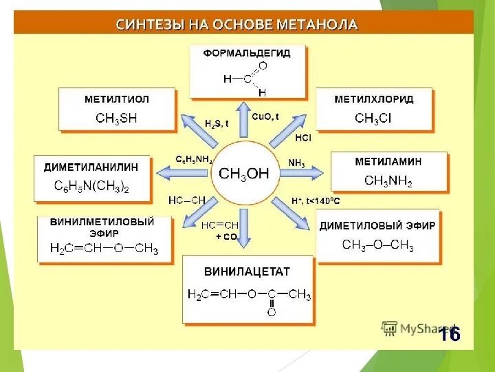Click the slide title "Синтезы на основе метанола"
pos(236,25)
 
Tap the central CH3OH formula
pos(244,173)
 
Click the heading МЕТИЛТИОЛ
pos(116,99)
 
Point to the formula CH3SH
pos(116,118)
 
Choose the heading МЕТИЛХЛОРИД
pos(374,99)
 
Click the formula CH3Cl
pos(373,118)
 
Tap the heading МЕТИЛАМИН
pos(388,161)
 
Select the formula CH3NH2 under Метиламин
pos(388,180)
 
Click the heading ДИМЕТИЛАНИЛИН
pos(91,167)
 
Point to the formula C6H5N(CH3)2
pos(91,186)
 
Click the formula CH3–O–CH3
pos(377,245)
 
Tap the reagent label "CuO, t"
pos(265,117)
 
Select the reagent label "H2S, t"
pos(217,123)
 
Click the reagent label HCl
pos(302,138)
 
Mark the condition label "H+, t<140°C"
pos(316,200)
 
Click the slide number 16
pos(450,335)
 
